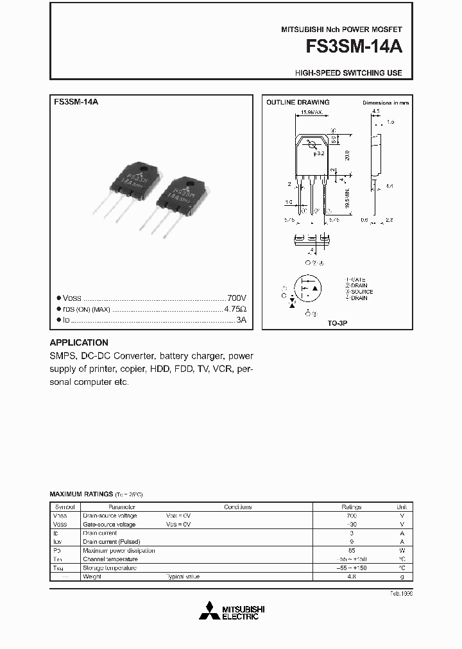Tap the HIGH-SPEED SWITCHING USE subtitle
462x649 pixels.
pos(348,73)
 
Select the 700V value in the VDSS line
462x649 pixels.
pos(236,298)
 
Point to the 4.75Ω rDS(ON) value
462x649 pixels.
pos(235,309)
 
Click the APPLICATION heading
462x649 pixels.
pos(79,342)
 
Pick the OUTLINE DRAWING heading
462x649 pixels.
pos(298,103)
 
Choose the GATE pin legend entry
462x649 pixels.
pos(357,280)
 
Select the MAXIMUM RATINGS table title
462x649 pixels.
pos(81,494)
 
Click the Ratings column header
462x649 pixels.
pos(351,507)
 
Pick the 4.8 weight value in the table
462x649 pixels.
pos(351,577)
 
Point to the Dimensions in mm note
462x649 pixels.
pos(385,103)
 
